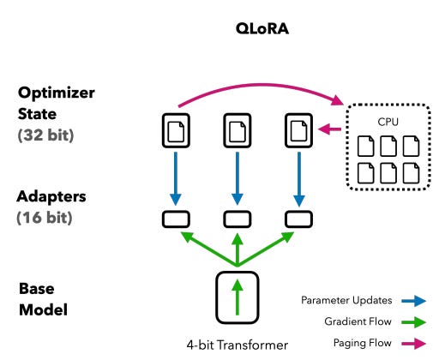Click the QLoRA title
click(262, 28)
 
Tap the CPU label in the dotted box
click(388, 122)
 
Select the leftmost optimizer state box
click(176, 130)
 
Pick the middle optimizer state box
click(238, 130)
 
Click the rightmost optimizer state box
click(298, 130)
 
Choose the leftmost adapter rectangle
click(176, 219)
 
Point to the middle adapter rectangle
click(238, 219)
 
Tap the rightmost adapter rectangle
click(298, 219)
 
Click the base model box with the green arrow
click(238, 297)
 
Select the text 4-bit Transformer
click(238, 345)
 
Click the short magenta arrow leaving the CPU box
click(329, 129)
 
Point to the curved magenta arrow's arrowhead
click(337, 100)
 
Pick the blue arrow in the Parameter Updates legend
click(413, 301)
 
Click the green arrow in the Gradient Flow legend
click(413, 322)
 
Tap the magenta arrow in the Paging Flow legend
click(413, 344)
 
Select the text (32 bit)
click(45, 135)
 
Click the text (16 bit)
click(45, 218)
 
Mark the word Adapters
click(51, 196)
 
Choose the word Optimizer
click(57, 93)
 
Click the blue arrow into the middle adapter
click(238, 178)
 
